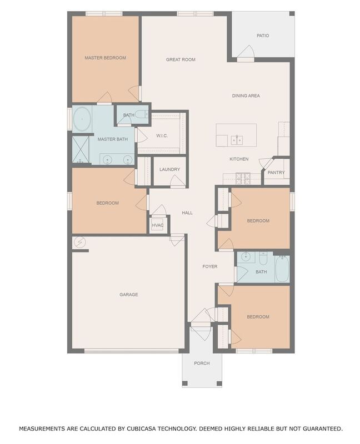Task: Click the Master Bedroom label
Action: [105, 58]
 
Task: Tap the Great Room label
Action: [181, 59]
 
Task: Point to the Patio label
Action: [263, 36]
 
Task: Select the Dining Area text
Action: [246, 96]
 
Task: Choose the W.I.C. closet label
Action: [162, 135]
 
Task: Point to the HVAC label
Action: [158, 225]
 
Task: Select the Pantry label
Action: [276, 173]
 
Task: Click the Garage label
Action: [128, 295]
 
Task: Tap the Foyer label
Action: [209, 266]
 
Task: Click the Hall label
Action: [187, 213]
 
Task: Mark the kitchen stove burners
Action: [243, 178]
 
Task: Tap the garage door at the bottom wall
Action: [132, 351]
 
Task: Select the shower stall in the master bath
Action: [81, 149]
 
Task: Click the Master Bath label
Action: [113, 139]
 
